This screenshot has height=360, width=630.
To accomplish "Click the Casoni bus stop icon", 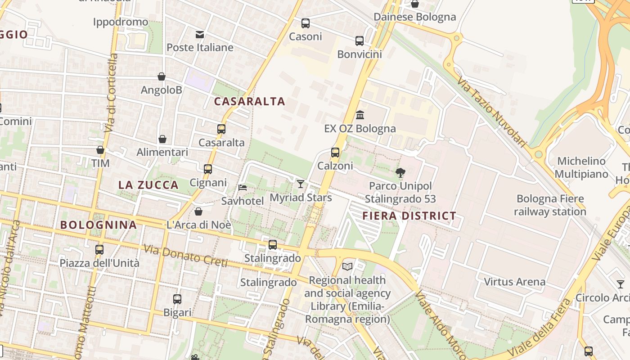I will tap(306, 23).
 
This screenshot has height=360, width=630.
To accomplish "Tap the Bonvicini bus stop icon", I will tap(359, 41).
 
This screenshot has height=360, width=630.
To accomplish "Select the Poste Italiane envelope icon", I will tap(199, 34).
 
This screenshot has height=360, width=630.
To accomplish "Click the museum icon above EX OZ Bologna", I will tap(360, 115).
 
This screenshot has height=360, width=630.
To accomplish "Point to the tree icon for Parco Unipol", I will tap(400, 172).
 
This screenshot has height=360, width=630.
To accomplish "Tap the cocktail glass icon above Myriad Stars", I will tap(301, 184).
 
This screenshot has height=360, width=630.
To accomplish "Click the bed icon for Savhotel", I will tap(243, 187).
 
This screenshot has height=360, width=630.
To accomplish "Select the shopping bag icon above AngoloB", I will tap(161, 76).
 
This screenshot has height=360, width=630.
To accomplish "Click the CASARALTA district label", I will tap(249, 101).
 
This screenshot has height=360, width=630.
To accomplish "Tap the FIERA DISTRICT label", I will tap(409, 216).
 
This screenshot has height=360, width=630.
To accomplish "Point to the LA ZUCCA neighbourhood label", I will tap(148, 185).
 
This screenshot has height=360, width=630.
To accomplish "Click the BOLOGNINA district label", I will tap(98, 225).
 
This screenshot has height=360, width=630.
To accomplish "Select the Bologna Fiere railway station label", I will tap(550, 205).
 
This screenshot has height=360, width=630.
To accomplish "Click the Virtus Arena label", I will tap(514, 282).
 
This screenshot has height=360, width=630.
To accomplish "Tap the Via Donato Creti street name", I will tap(185, 256).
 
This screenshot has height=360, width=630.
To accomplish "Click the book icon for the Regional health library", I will tap(347, 266).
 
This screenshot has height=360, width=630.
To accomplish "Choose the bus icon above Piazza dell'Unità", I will tap(99, 249).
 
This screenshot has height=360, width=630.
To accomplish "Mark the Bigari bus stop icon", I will tap(177, 299).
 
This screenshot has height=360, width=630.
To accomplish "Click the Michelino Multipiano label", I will tap(581, 167).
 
